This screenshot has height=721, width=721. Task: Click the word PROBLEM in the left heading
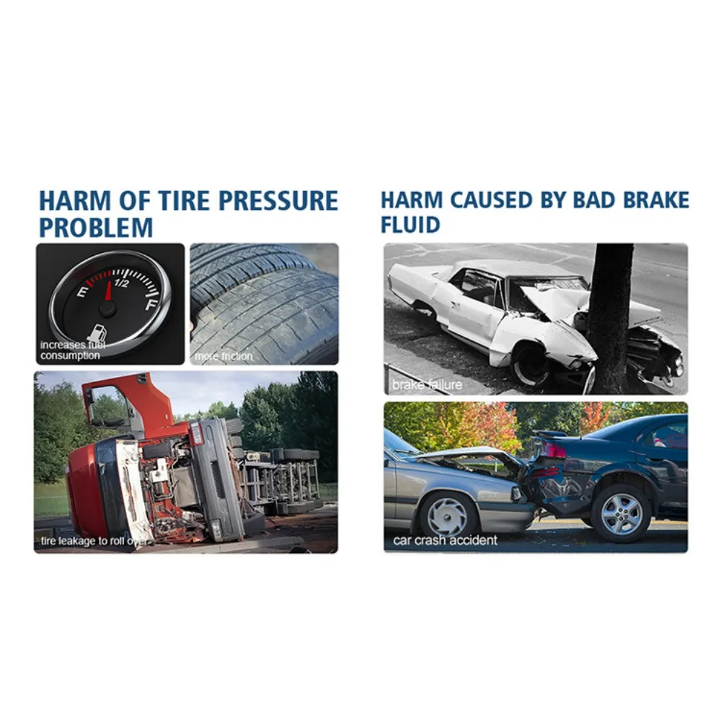[96, 228]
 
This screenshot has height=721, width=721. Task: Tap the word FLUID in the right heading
[410, 224]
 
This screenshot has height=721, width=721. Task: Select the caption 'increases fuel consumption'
[71, 350]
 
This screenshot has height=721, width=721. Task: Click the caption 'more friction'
[224, 355]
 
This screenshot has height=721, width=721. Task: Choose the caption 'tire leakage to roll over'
[92, 541]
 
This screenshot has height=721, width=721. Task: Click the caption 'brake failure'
[427, 385]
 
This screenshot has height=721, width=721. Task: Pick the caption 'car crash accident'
[445, 540]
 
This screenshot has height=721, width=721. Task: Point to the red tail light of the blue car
[553, 452]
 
